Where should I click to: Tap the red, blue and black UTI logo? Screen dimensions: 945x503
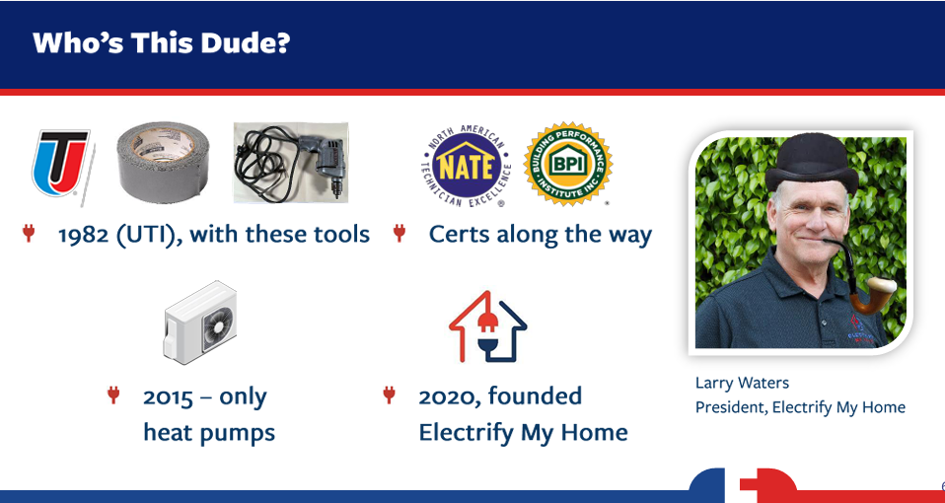[x=61, y=164]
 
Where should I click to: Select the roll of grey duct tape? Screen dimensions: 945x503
[x=163, y=162]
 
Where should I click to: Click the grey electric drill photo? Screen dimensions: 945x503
[x=290, y=162]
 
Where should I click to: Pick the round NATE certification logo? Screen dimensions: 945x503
[x=467, y=166]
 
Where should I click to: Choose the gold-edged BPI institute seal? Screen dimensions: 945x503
[x=568, y=164]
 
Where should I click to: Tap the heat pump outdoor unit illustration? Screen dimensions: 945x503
[x=200, y=322]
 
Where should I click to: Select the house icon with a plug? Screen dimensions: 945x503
[x=487, y=325]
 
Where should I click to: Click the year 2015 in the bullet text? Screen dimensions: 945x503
[x=168, y=397]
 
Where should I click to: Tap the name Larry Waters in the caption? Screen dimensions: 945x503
[x=742, y=383]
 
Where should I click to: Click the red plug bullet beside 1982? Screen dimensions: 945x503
[x=28, y=233]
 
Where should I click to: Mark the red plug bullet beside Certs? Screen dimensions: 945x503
[x=399, y=233]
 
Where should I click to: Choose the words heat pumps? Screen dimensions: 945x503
[x=208, y=433]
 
